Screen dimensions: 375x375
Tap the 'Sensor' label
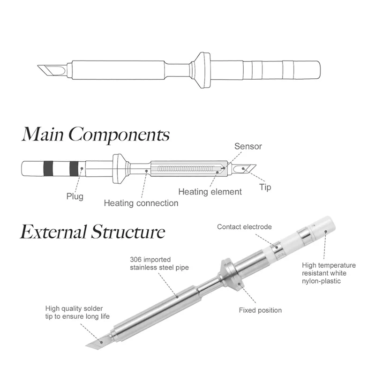click(248, 147)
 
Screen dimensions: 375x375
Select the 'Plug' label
click(75, 196)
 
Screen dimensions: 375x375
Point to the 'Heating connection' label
click(141, 203)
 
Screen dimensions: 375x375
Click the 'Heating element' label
click(210, 191)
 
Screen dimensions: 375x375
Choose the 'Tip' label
click(265, 187)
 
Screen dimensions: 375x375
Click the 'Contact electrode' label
click(244, 227)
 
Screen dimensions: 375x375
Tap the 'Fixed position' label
click(260, 310)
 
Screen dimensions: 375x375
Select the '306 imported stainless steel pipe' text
click(150, 263)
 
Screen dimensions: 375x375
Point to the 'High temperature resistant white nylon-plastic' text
click(329, 273)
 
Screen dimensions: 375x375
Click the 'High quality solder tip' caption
click(77, 313)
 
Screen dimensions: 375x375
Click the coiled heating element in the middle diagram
click(187, 168)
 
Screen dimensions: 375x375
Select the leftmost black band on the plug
click(48, 167)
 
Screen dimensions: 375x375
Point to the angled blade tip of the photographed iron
click(96, 341)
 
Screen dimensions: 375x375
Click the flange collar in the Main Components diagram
click(119, 167)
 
